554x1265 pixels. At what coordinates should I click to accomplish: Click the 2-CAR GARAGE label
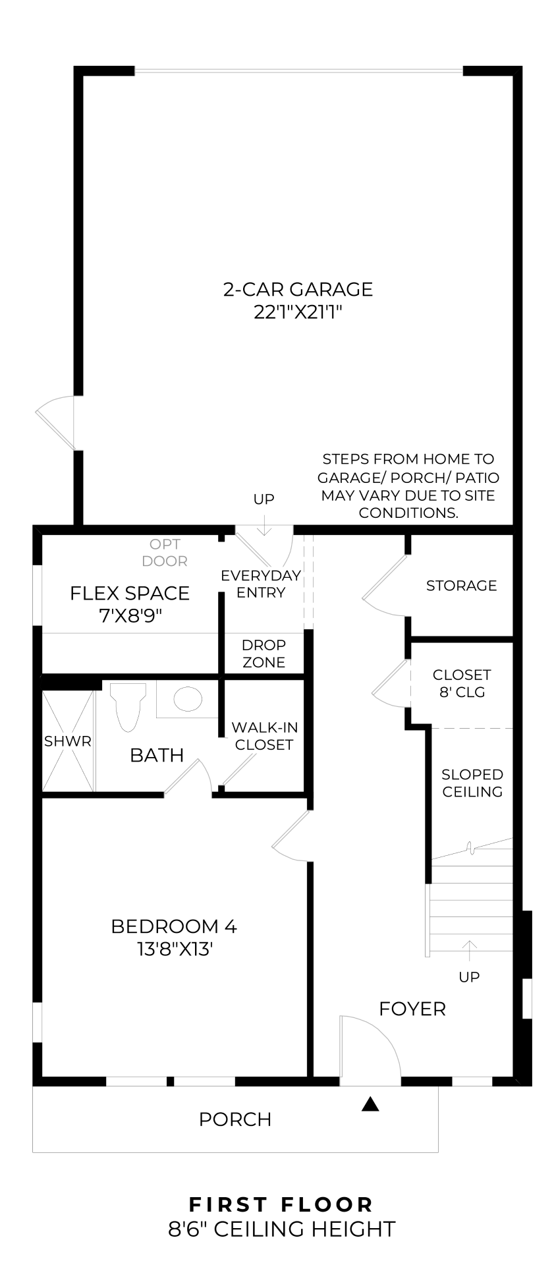point(298,289)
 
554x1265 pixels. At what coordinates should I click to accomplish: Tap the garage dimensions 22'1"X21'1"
point(298,312)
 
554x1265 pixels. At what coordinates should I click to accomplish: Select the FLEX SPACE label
point(130,593)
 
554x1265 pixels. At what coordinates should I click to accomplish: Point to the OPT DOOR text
point(165,553)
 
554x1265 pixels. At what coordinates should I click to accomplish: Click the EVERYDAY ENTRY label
point(261,584)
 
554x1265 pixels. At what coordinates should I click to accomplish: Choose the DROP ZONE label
point(263,654)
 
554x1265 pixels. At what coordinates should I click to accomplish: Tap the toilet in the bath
point(128,706)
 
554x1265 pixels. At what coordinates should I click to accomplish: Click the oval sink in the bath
point(187,699)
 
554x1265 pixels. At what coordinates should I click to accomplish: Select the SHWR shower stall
point(68,741)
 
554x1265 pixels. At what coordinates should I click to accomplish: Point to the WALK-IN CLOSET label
point(264,736)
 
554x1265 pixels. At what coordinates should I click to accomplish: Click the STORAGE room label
point(461,586)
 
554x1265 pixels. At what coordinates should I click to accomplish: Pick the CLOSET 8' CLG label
point(462,683)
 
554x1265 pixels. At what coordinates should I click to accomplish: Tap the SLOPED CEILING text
point(472,783)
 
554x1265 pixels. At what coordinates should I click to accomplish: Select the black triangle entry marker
point(371,1104)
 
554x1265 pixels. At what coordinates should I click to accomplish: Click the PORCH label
point(235,1119)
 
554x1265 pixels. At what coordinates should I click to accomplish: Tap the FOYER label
point(412,1009)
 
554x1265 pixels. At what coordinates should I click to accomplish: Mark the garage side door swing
point(55,422)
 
